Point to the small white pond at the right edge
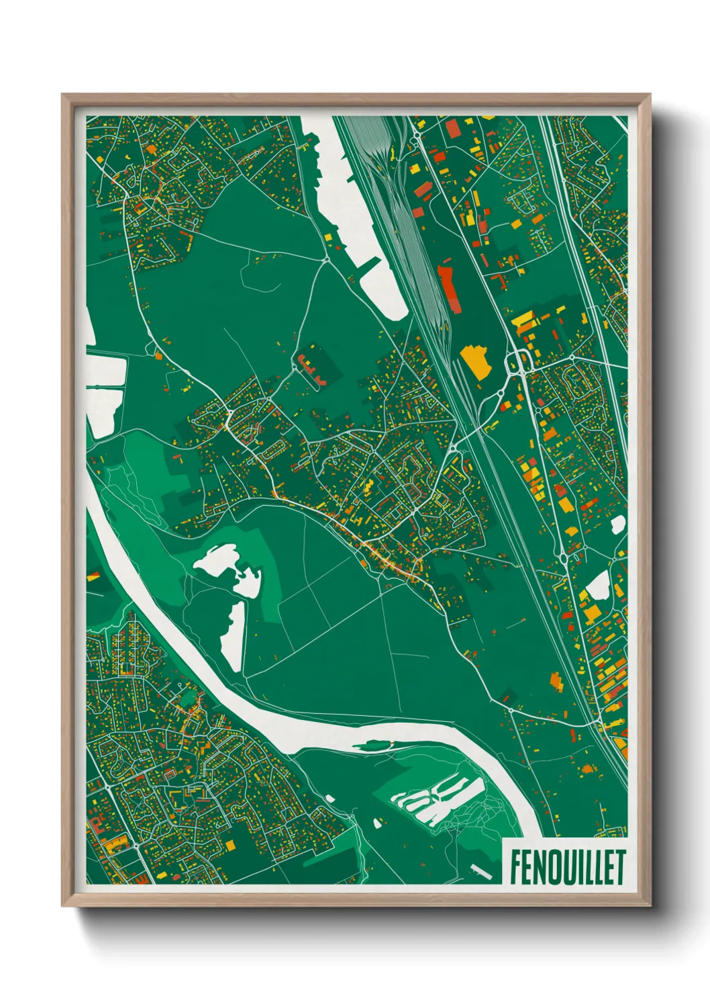(617, 525)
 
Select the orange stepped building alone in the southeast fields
(556, 681)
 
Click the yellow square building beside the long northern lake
(328, 236)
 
